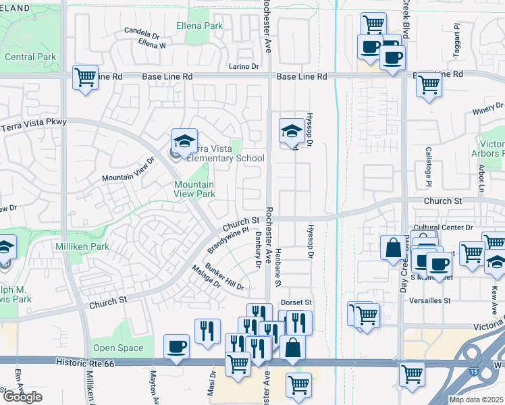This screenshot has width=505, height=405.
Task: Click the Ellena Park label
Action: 199,26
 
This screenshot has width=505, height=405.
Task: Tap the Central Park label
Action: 30,57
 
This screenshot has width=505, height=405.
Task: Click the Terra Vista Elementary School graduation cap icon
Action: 184,140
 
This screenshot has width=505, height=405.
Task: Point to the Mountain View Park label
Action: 194,189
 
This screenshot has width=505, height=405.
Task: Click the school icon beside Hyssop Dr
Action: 292,130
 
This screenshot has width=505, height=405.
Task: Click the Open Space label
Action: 118,348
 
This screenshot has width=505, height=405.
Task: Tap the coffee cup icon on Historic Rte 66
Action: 177,346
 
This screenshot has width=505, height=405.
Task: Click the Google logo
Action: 22,397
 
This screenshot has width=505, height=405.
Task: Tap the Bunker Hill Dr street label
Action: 225,277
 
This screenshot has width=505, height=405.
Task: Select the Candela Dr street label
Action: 142,32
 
